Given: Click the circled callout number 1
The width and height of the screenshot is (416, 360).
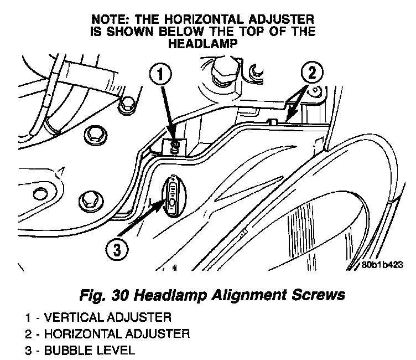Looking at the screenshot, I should point(159,74).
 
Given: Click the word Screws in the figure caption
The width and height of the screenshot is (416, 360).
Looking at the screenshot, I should point(319,294).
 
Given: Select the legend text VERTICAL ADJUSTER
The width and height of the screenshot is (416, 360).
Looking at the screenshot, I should point(107,318).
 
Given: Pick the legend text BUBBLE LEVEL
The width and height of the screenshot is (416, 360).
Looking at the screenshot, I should point(89,350).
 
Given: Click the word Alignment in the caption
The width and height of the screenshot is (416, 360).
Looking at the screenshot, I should point(246,294).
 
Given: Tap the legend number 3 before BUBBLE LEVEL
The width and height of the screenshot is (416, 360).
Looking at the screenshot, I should point(28,350).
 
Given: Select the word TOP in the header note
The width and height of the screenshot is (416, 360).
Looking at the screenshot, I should point(258,30).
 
